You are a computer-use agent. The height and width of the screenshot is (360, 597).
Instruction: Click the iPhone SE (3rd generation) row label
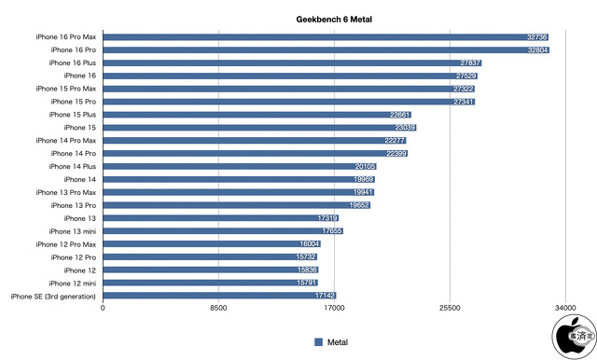click(x=53, y=295)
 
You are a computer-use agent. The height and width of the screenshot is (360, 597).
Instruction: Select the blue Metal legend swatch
click(x=318, y=341)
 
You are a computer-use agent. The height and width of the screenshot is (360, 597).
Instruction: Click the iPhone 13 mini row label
click(x=72, y=230)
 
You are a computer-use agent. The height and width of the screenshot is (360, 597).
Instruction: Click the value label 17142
click(x=325, y=295)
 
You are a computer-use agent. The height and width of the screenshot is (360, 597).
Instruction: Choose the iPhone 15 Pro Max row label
click(x=65, y=89)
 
